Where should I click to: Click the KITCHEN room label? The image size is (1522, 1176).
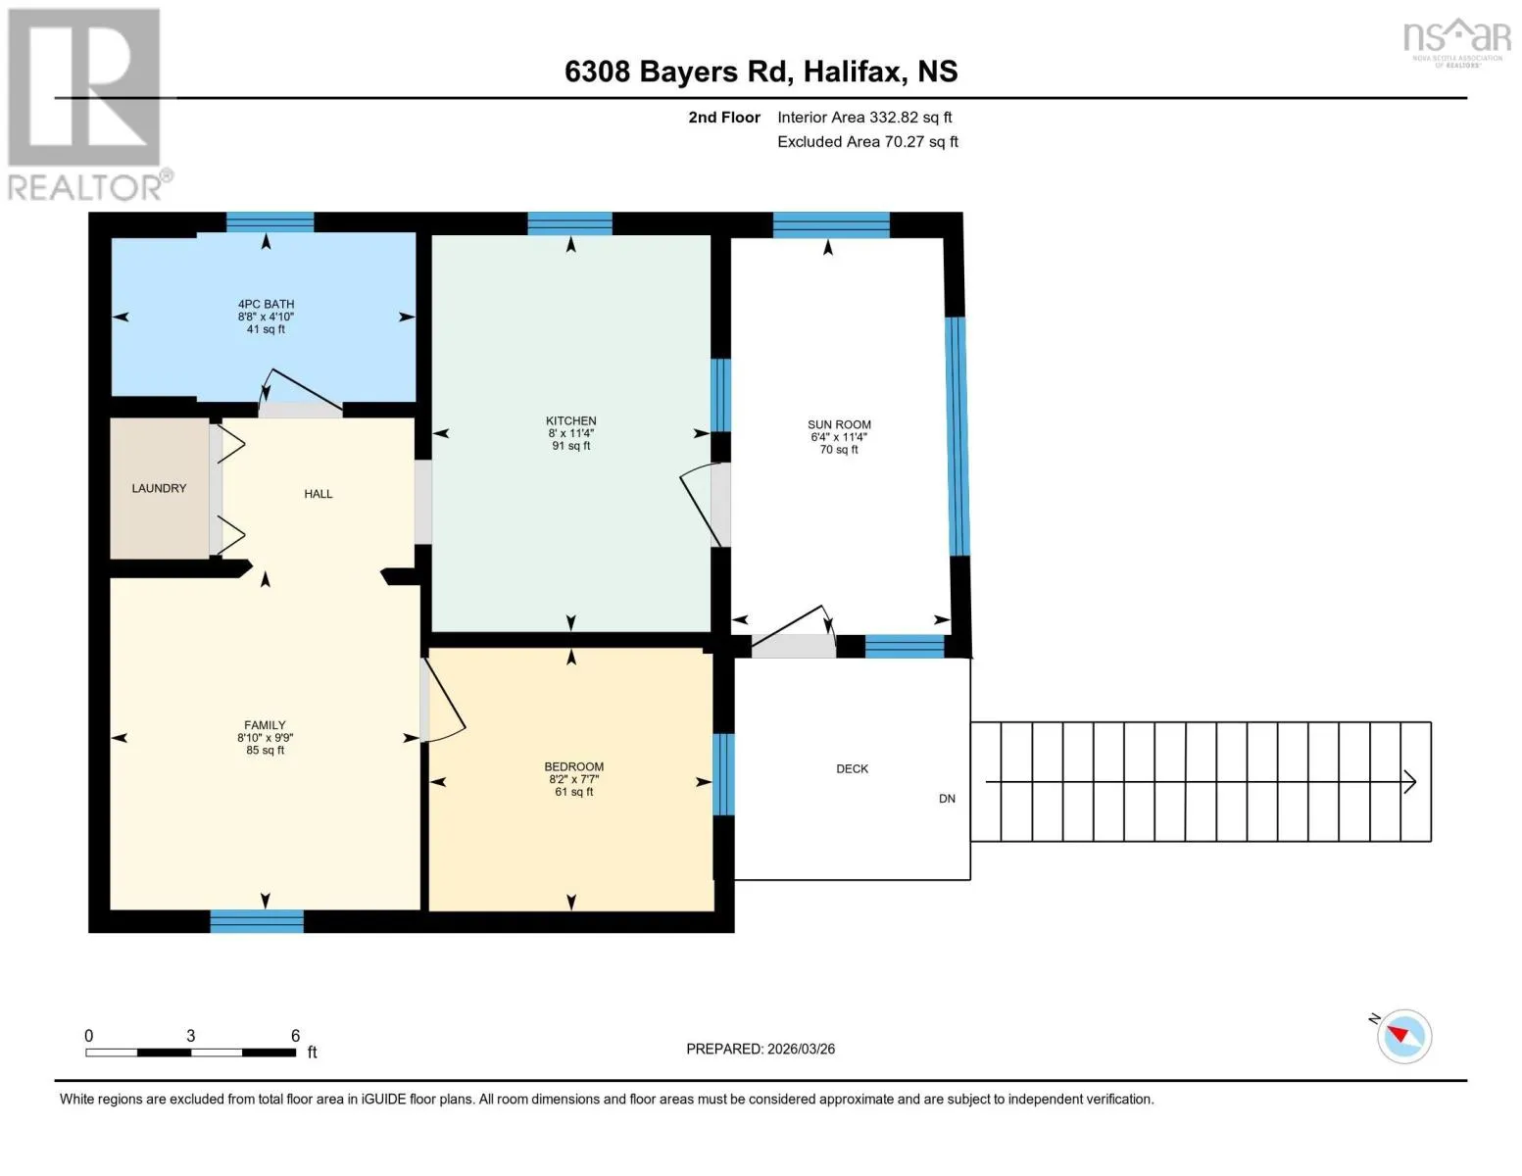[x=570, y=420]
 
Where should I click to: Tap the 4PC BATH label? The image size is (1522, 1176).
[x=266, y=304]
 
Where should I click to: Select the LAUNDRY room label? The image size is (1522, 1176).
[x=159, y=488]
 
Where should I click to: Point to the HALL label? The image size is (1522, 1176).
[x=318, y=494]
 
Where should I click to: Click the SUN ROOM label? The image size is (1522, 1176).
[x=839, y=424]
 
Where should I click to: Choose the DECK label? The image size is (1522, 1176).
[x=852, y=768]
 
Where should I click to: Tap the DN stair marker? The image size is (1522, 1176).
[x=947, y=799]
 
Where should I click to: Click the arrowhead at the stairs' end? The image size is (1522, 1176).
[x=1410, y=782]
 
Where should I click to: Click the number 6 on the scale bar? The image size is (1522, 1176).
[x=296, y=1035]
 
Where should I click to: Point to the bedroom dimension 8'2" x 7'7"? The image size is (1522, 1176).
[x=573, y=779]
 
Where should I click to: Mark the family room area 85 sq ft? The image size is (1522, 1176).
[x=265, y=750]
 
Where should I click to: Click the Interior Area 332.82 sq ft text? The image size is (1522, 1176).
[x=864, y=118]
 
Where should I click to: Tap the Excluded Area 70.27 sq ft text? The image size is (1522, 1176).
[x=867, y=141]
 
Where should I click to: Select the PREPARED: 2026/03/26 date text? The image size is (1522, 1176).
[x=761, y=1049]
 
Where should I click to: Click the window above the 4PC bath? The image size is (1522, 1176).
[x=270, y=222]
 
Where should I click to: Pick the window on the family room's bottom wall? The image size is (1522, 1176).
[x=257, y=921]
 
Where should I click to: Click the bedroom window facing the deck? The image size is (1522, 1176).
[x=723, y=774]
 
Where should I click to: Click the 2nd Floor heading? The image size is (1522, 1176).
[x=723, y=118]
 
